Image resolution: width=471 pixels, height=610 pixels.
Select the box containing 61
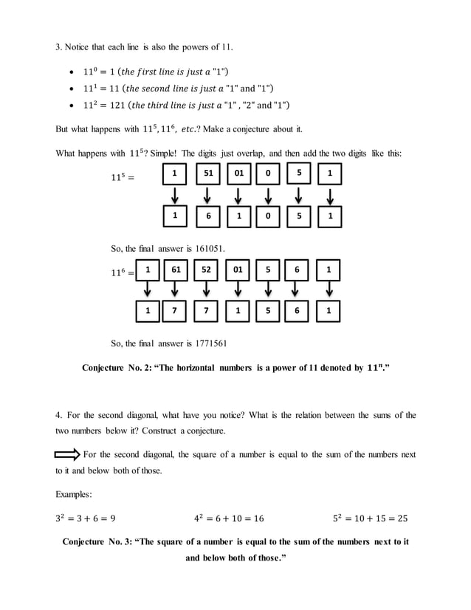(176, 270)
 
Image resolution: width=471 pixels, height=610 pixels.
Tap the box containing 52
(206, 270)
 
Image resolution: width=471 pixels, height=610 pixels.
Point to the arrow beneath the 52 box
(206, 291)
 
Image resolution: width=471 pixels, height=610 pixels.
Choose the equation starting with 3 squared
(85, 518)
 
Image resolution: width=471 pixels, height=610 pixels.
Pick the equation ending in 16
(229, 518)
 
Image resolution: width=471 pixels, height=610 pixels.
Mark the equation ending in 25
(370, 518)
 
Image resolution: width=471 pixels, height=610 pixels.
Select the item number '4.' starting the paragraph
(60, 415)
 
